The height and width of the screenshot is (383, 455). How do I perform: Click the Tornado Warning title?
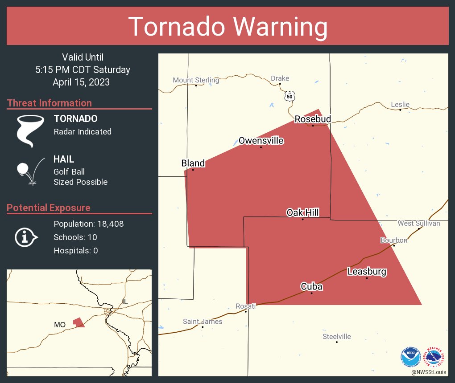tap(227, 27)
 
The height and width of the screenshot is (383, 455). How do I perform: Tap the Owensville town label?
tap(261, 141)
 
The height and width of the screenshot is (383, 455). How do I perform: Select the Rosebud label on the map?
tap(312, 119)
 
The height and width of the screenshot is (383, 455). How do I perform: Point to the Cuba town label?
tap(311, 286)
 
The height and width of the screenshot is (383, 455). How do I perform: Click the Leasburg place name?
tap(367, 272)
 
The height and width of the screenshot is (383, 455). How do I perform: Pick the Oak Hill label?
tap(302, 213)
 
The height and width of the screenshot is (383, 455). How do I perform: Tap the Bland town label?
tap(193, 163)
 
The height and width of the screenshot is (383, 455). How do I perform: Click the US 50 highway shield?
tap(290, 96)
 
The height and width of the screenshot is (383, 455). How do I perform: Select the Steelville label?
tap(336, 337)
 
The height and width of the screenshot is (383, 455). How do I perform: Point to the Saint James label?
tap(202, 322)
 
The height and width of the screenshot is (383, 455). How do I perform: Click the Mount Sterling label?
tap(196, 80)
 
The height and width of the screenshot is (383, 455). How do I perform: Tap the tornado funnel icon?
tap(30, 130)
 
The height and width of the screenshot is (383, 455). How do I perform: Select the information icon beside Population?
tap(26, 237)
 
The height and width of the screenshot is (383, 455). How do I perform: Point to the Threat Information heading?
tap(49, 103)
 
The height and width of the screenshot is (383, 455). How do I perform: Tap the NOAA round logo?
tap(411, 357)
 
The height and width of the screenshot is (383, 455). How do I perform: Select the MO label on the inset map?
tap(60, 325)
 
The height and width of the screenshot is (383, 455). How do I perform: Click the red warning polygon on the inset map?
tap(79, 322)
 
